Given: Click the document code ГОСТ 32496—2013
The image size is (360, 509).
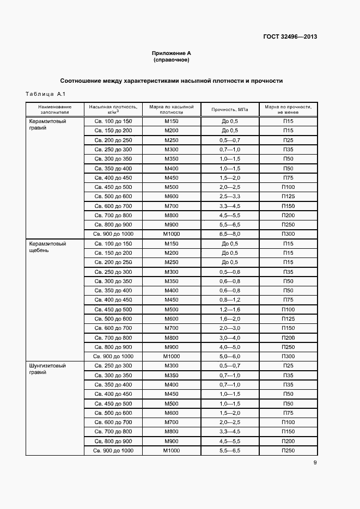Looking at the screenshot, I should coord(290,37).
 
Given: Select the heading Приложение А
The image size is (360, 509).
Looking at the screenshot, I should coord(172,53).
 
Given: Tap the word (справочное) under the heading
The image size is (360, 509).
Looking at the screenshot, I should coord(172,60).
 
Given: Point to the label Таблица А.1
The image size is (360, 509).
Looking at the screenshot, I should coord(45,95).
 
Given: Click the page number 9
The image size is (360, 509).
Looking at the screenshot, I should coord(315,463).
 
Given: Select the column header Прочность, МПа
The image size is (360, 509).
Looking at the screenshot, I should coord(229,109).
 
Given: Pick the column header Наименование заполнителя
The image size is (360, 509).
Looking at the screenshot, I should coord(55,109).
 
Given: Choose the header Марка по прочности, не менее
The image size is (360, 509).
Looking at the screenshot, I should coord(288,109).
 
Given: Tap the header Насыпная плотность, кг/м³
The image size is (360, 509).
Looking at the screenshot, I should coord(113,109).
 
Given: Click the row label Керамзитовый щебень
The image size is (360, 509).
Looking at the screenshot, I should coord(47,247).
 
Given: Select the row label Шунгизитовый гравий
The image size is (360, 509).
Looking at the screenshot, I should coord(47,369).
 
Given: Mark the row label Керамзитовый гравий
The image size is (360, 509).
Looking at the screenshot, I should coord(47,125).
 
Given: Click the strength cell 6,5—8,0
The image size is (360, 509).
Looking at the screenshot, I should coord(229,233).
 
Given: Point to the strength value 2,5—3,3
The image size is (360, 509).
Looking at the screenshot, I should coord(229,196).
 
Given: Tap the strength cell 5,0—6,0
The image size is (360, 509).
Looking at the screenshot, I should coord(229,356).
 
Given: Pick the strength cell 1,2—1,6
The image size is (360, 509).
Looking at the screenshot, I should coord(229,309).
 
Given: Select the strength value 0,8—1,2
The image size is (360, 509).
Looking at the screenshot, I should coord(229,300).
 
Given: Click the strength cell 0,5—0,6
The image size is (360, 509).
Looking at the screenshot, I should coord(229,272).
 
